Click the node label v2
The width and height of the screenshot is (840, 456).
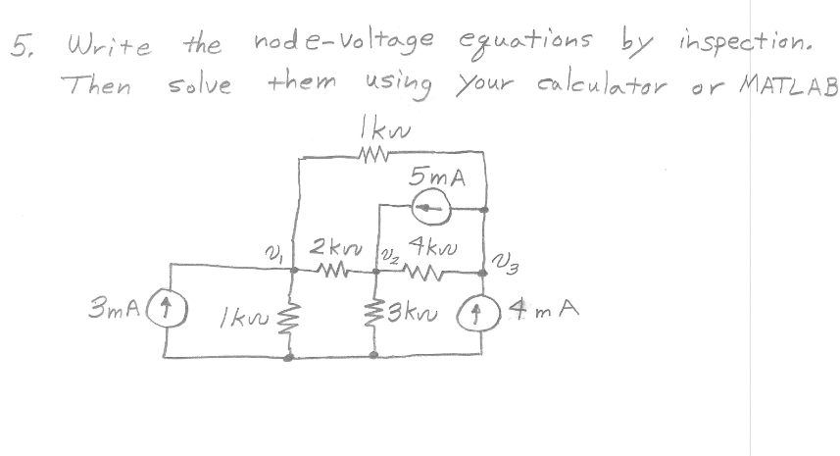click(383, 254)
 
